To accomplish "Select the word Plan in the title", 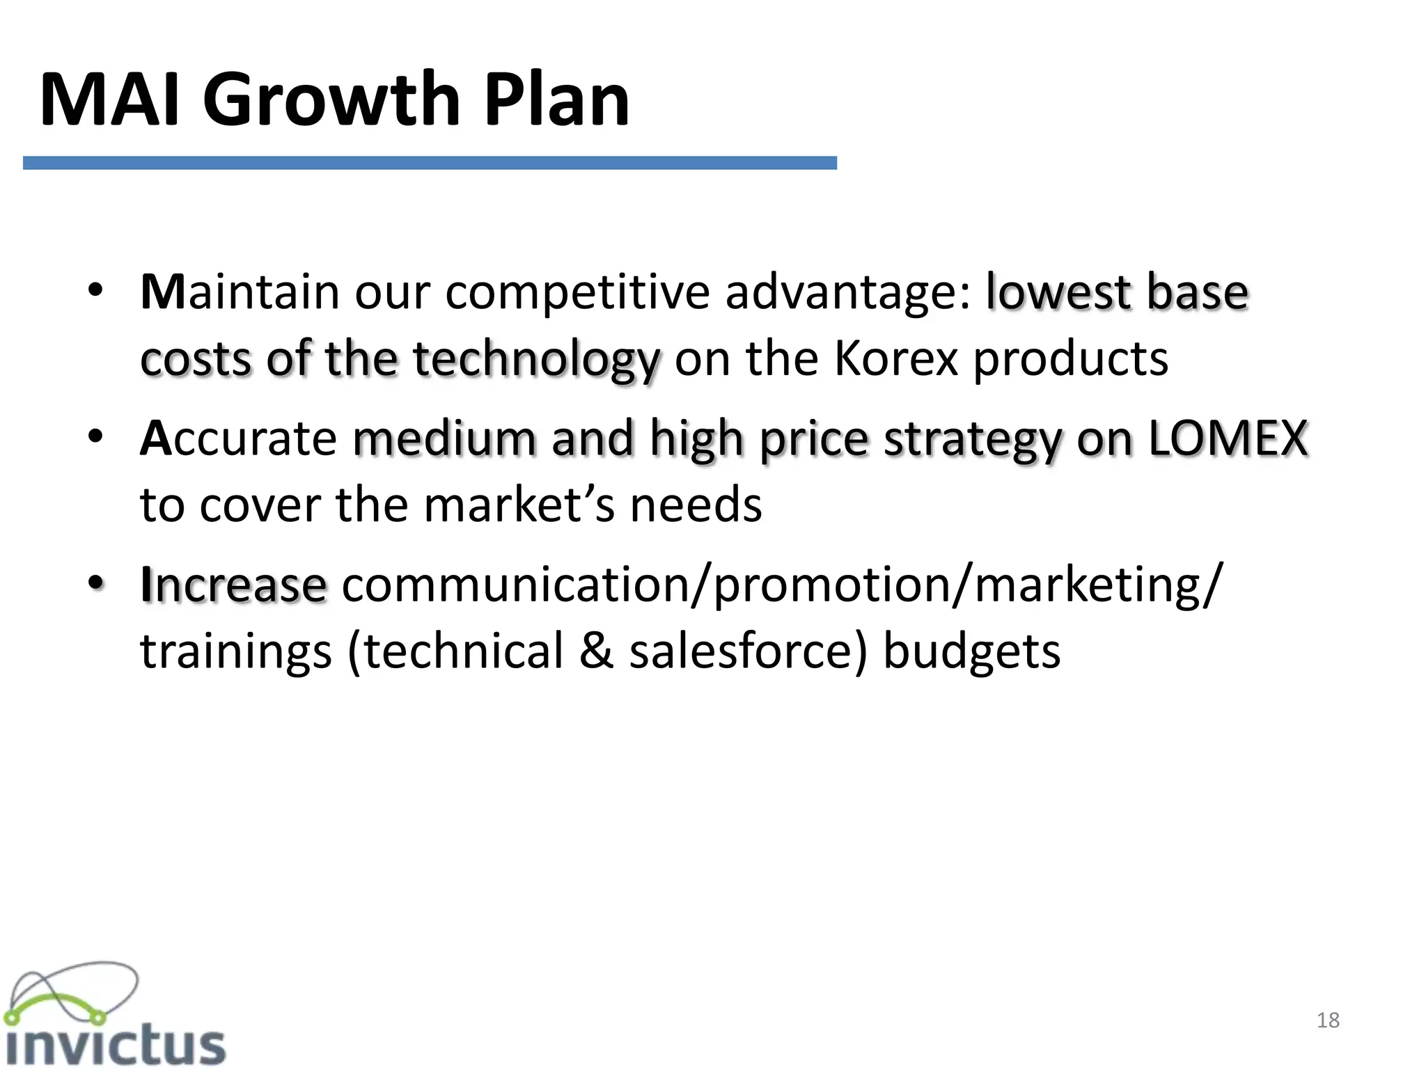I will (556, 100).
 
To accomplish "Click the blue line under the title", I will (430, 163).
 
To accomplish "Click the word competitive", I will (577, 293).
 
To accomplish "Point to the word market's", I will (519, 505).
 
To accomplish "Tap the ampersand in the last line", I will (597, 651).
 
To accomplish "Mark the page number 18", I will (1328, 1020).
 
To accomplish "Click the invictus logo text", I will (115, 1044).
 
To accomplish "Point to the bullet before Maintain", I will (96, 290).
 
